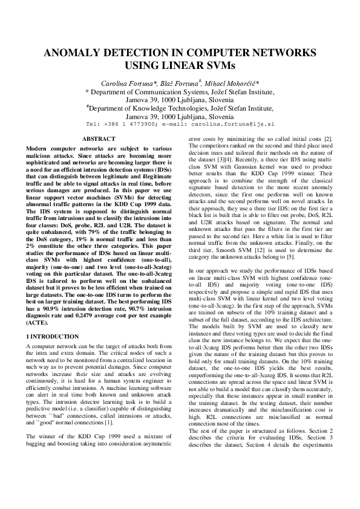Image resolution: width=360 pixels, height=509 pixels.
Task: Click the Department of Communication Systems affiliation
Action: [x=180, y=92]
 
